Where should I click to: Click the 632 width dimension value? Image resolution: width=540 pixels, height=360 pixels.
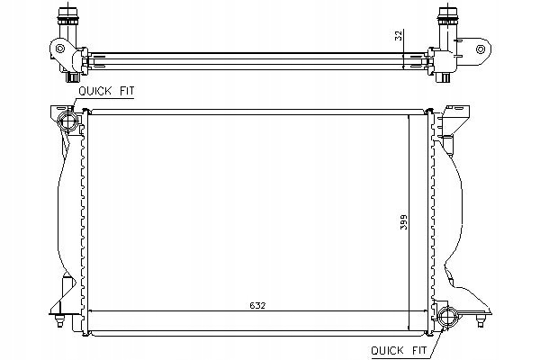[257, 305]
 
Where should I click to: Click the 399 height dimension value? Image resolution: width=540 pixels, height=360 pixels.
[403, 222]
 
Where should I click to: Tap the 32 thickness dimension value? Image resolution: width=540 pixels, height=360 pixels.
[398, 35]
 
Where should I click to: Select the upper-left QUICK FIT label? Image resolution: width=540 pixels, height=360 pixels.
[106, 91]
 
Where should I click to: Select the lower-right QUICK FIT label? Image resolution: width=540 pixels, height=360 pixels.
[399, 350]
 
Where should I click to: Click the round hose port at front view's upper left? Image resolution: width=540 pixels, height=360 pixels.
[67, 121]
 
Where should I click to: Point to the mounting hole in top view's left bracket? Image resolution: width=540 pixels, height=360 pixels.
[60, 49]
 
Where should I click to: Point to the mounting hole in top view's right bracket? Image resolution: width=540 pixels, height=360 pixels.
[481, 49]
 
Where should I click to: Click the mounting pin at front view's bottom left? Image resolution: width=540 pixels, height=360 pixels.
[60, 320]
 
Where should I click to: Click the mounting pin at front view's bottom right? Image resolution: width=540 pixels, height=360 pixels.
[481, 320]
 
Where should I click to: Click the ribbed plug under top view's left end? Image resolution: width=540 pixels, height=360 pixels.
[72, 76]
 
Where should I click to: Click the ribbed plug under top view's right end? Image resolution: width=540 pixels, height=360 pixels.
[443, 76]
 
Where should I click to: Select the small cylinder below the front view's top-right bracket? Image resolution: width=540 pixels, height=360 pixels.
[449, 144]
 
